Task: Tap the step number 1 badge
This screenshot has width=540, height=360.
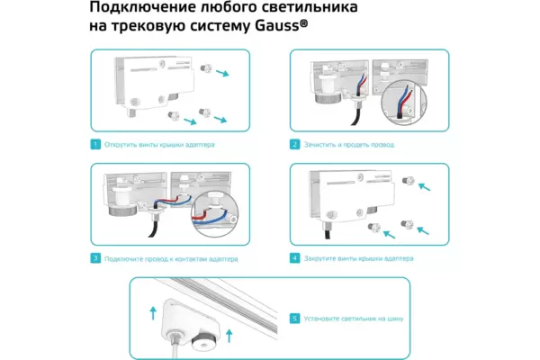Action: pos(94,144)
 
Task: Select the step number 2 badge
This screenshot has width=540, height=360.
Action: pos(294,144)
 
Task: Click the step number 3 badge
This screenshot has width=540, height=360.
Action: pos(94,258)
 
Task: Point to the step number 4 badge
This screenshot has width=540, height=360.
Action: pos(294,258)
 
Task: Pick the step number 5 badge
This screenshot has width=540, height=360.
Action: pos(294,318)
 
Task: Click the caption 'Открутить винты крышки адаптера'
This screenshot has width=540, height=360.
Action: pos(159,144)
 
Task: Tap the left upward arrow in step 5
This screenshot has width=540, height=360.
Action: pos(153,313)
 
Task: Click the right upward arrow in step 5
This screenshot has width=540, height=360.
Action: pos(230,337)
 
